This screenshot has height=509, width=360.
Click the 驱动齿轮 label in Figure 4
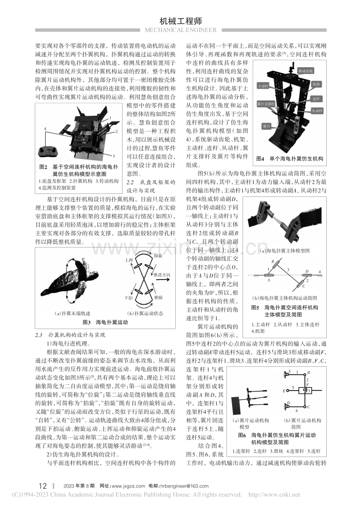pos(306,71)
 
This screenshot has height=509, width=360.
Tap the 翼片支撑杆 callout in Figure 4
pos(266,104)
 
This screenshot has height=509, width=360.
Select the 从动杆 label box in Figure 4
pos(317,111)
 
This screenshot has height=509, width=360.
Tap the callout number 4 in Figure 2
pos(45,129)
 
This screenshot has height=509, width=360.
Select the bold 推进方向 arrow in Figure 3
pos(163,280)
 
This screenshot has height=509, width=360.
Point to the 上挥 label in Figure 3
pos(129,260)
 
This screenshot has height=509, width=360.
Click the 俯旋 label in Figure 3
pos(158,297)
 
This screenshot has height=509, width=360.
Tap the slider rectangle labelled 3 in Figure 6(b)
pos(305,391)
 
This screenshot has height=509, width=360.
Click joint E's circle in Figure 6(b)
pos(288,391)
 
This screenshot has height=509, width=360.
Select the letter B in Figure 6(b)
pos(309,373)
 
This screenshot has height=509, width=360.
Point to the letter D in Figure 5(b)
pos(307,271)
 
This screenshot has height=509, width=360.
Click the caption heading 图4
pos(260,159)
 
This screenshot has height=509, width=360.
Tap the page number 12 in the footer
pos(43,486)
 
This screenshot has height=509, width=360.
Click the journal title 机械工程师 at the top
pos(181,21)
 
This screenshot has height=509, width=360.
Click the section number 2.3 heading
pos(39,335)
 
